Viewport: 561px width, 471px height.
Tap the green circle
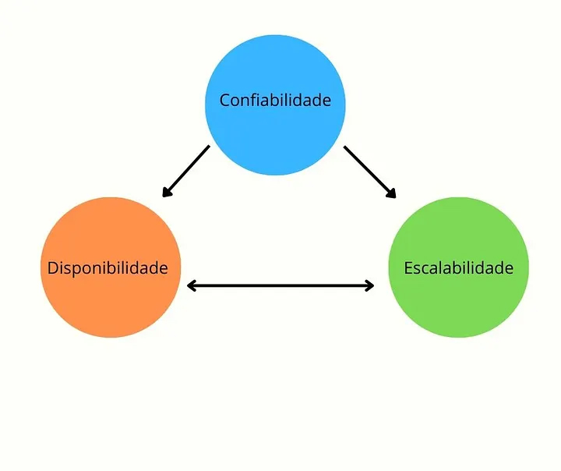coord(459,300)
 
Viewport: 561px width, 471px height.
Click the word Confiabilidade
coord(274,101)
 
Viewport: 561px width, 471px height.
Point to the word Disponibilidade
coord(108,268)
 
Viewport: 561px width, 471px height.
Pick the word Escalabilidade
coord(458,268)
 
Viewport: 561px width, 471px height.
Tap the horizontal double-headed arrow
coord(280,286)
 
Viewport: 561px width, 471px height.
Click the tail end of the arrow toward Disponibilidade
coord(208,147)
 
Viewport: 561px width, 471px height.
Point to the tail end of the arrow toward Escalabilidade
coord(345,148)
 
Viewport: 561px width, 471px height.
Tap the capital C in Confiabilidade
coord(224,101)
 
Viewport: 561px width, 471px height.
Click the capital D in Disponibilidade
coord(53,268)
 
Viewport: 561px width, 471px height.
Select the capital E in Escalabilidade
coord(408,268)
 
